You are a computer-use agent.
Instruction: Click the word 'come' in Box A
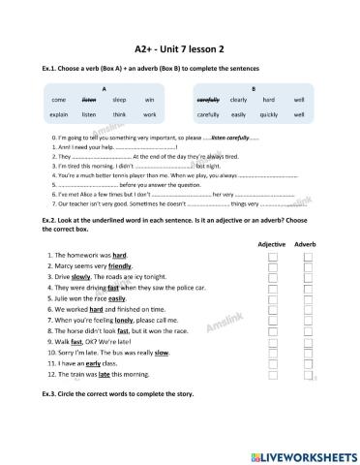pyautogui.click(x=58, y=100)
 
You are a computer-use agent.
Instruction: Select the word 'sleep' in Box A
pyautogui.click(x=119, y=100)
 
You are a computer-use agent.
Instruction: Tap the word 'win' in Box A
pyautogui.click(x=149, y=100)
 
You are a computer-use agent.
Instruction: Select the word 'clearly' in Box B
pyautogui.click(x=239, y=100)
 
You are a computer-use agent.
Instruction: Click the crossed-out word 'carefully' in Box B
pyautogui.click(x=209, y=100)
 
